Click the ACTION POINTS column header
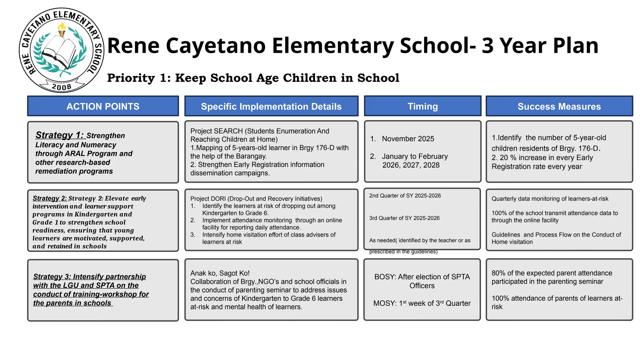103,106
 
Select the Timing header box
422,106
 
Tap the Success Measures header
559,106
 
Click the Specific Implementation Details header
271,106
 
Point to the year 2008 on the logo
62,87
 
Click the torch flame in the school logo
62,27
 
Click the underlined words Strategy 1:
59,135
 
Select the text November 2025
408,139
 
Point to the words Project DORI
208,199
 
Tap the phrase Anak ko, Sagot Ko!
220,273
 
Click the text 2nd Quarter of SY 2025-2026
405,196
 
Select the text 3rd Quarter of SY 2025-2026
404,218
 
